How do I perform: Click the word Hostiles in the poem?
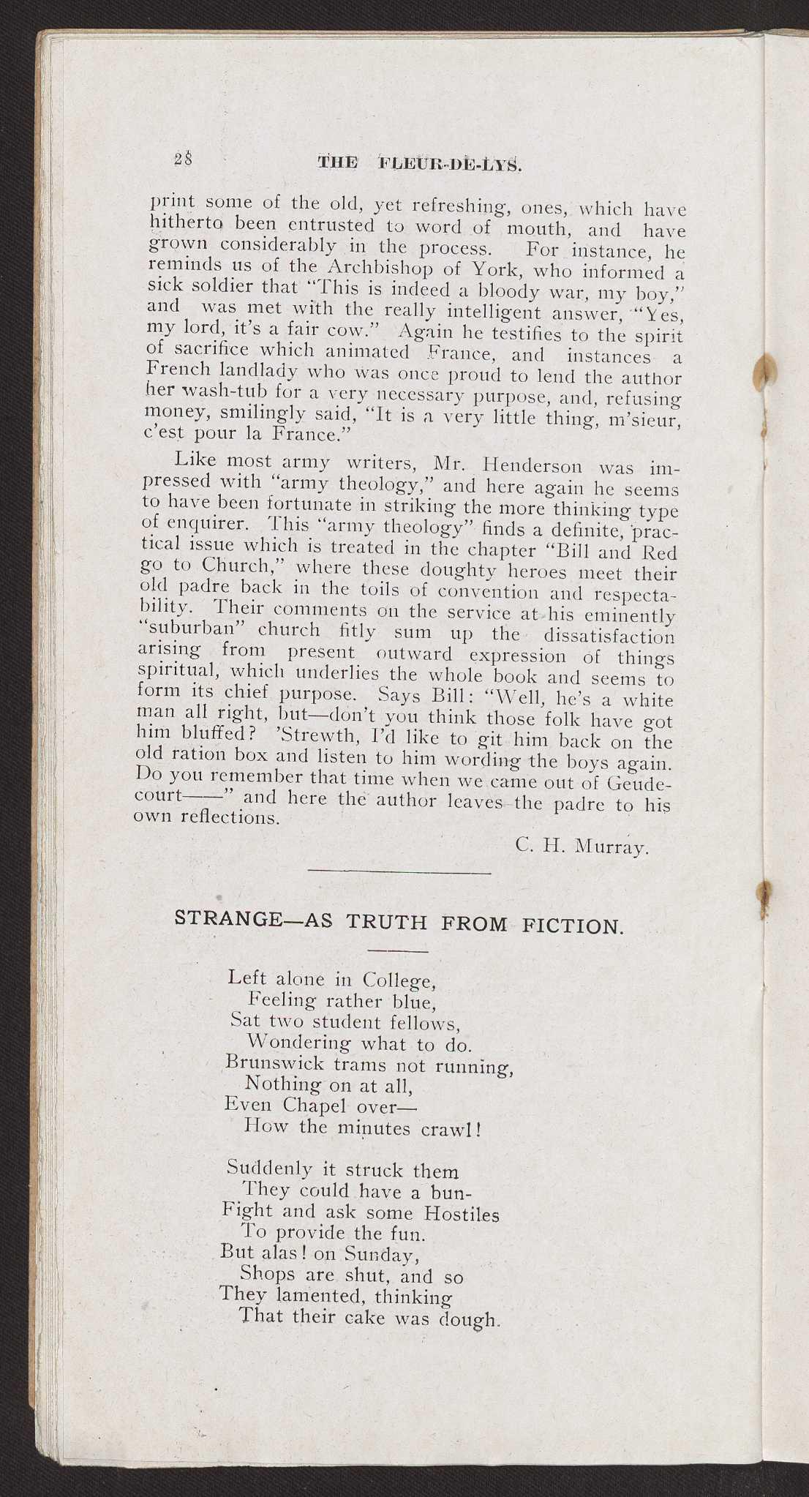point(461,1215)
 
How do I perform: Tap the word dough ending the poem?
point(465,1320)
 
